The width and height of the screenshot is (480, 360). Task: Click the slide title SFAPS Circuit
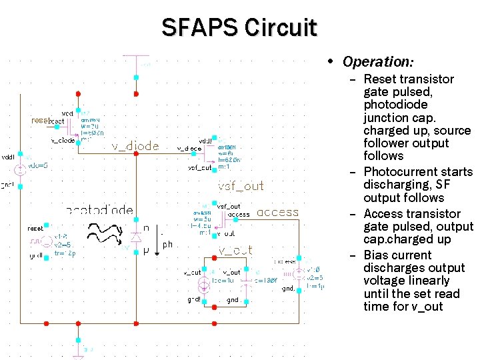click(239, 27)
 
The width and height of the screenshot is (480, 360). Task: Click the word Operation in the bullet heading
click(377, 62)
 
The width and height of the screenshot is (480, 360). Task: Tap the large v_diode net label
click(135, 147)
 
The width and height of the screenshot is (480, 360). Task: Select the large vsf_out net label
click(241, 186)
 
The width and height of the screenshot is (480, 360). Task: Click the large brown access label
click(277, 213)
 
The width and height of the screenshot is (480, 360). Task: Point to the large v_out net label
click(235, 250)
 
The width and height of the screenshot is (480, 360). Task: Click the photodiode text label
click(100, 210)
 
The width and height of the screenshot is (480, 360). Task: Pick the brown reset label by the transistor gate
click(39, 121)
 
